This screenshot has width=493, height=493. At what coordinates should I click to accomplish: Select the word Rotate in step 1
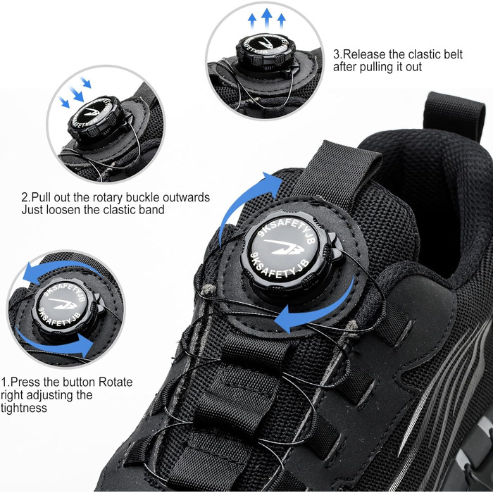click(116, 382)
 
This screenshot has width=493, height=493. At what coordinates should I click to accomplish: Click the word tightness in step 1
click(23, 408)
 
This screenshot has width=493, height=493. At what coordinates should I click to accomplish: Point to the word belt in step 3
click(453, 54)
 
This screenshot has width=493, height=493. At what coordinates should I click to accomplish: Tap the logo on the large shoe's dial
click(284, 246)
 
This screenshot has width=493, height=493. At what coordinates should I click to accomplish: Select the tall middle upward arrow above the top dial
click(267, 18)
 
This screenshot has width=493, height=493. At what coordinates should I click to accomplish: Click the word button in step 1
click(80, 382)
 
